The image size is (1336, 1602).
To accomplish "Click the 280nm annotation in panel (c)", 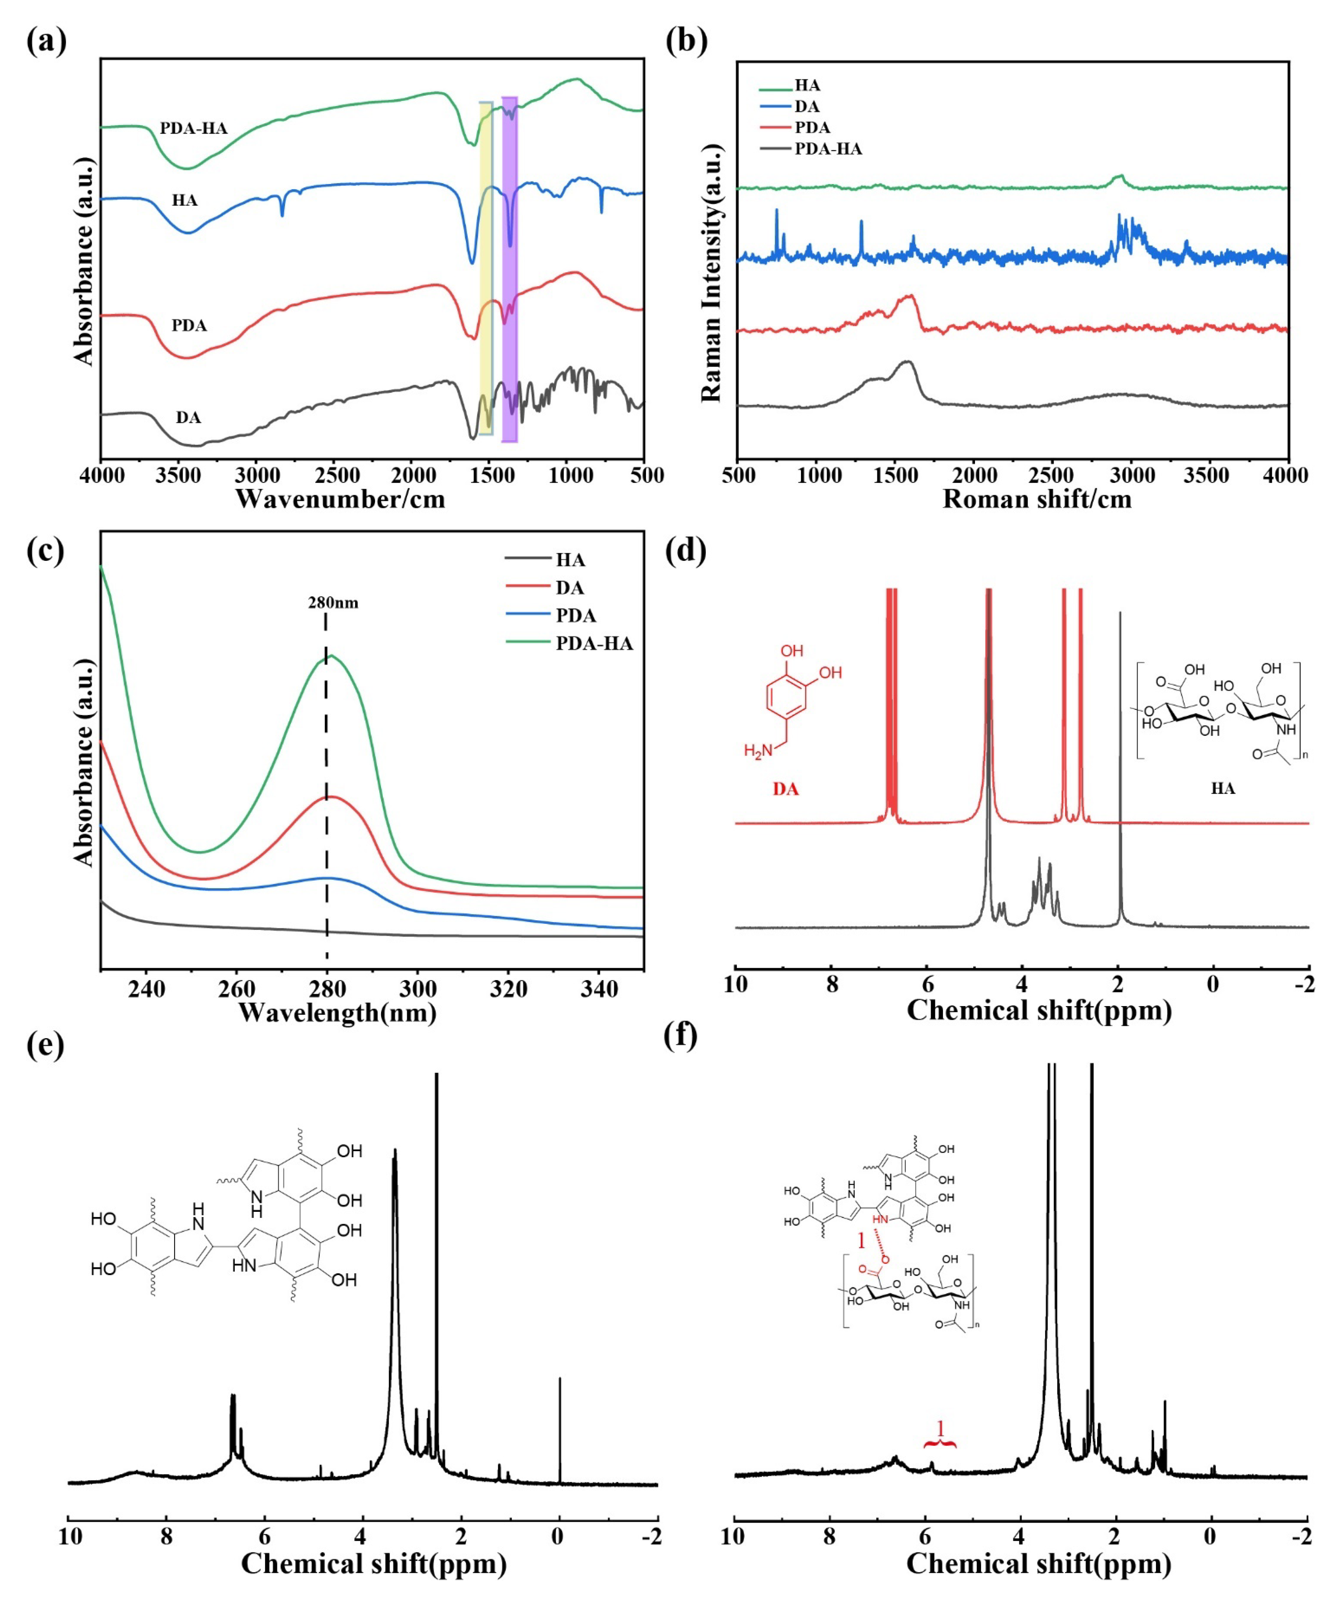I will [x=333, y=603].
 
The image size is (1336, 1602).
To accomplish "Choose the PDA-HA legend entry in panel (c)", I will [x=594, y=643].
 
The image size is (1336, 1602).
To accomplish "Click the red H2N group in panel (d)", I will [x=758, y=751].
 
